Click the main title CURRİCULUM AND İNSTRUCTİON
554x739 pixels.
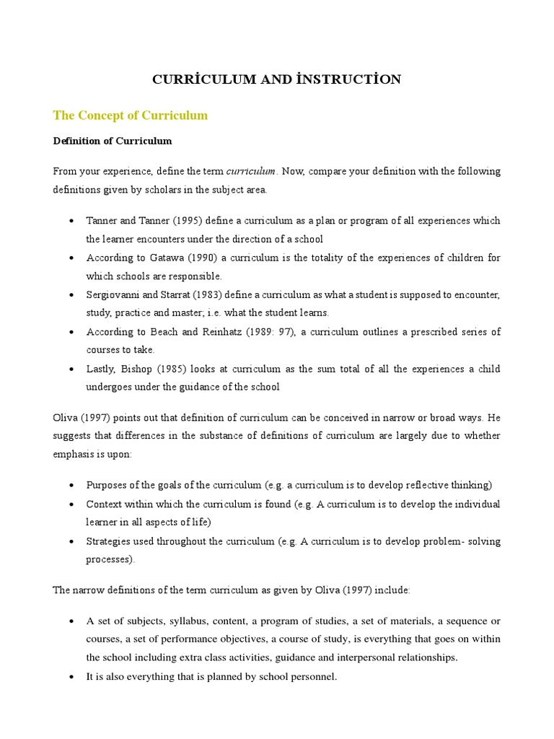click(276, 80)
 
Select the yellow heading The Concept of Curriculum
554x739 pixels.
click(131, 115)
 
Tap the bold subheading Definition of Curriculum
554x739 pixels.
click(113, 141)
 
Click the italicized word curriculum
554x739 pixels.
click(251, 171)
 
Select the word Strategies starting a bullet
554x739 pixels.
click(108, 541)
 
